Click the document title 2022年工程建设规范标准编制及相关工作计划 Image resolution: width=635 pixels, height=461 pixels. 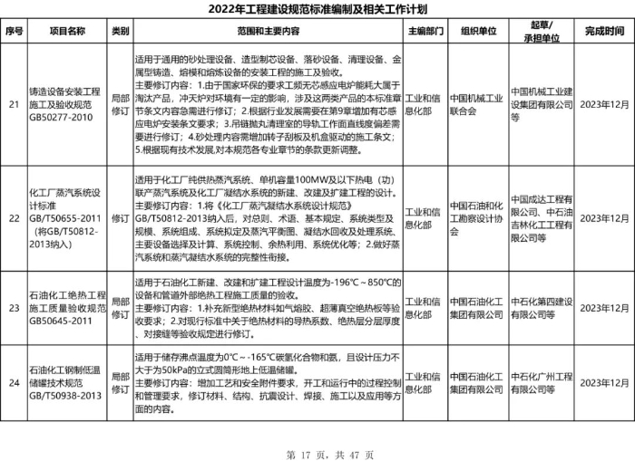(317, 9)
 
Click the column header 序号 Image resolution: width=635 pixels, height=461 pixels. (14, 31)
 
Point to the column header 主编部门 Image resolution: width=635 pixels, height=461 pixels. (424, 31)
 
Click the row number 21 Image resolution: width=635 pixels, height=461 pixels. (14, 104)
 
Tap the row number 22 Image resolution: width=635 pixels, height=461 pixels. (14, 218)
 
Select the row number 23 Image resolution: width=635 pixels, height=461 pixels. (14, 314)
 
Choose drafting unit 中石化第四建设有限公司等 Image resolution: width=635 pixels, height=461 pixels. (541, 314)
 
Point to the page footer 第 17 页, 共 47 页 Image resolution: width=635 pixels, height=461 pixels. (317, 451)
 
